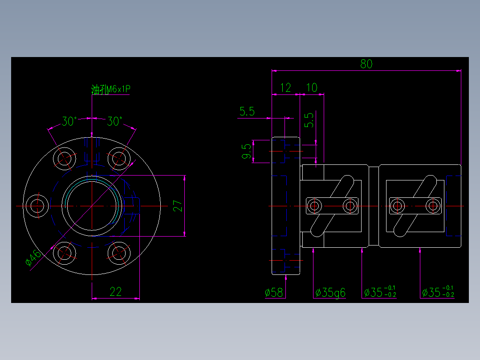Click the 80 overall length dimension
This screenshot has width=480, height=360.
366,64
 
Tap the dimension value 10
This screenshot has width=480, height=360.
312,88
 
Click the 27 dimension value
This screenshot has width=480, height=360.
178,206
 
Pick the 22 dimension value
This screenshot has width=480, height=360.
115,292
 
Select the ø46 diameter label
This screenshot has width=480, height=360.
33,258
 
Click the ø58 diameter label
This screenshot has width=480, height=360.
274,293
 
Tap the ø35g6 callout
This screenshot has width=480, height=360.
330,293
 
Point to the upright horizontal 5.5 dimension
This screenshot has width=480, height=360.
247,111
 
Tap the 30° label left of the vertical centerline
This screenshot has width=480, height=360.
69,121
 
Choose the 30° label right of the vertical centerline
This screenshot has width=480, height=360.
114,121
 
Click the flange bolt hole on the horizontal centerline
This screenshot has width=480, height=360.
37,206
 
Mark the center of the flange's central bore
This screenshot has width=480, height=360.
92,206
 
